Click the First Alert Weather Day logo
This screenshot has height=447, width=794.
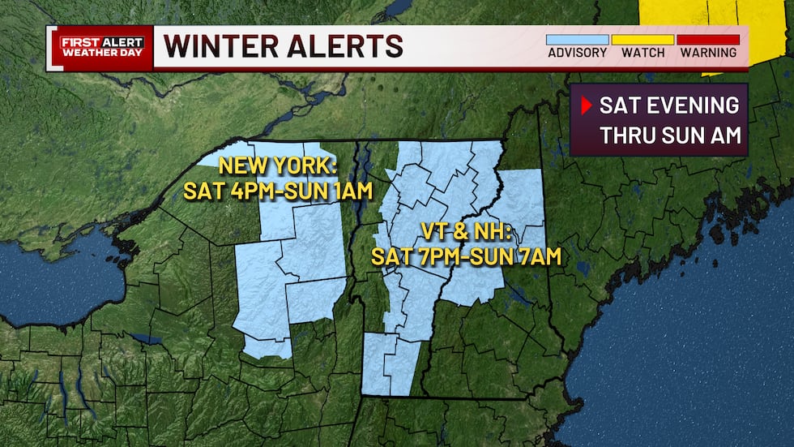pyautogui.click(x=101, y=47)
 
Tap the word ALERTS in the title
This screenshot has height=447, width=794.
pyautogui.click(x=352, y=46)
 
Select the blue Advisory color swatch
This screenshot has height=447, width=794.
pyautogui.click(x=577, y=39)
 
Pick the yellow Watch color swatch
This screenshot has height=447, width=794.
pyautogui.click(x=642, y=39)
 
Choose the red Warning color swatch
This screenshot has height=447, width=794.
pyautogui.click(x=708, y=39)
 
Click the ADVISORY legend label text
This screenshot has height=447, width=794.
pyautogui.click(x=577, y=53)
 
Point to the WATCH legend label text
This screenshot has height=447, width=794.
pyautogui.click(x=642, y=53)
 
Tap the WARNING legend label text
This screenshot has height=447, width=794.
pyautogui.click(x=708, y=53)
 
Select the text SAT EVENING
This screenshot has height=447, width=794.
pyautogui.click(x=669, y=105)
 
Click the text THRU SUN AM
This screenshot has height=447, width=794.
pyautogui.click(x=671, y=135)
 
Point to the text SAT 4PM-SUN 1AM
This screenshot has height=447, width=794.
pyautogui.click(x=277, y=191)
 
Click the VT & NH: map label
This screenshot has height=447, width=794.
pyautogui.click(x=466, y=232)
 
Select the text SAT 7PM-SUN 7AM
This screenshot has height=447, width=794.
pyautogui.click(x=466, y=257)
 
